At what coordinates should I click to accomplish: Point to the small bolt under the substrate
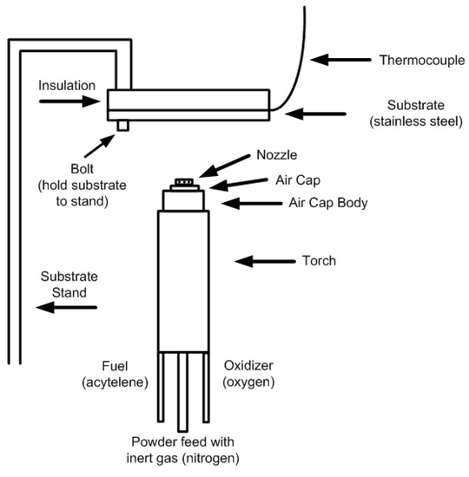123,126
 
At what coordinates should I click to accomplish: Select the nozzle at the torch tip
182,182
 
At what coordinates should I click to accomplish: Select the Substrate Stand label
63,285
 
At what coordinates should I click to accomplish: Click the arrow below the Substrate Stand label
63,307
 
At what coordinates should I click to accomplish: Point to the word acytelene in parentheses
119,382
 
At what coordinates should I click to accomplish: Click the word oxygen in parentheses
248,382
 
